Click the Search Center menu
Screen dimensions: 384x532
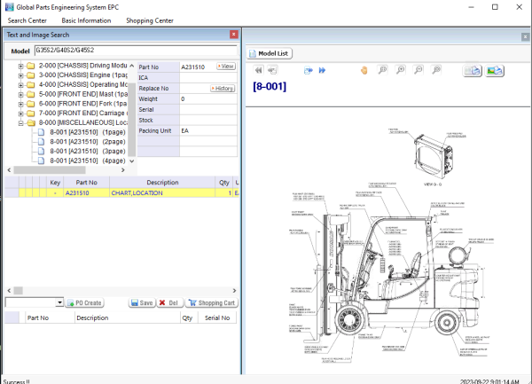(27, 20)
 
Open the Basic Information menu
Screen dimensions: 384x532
(86, 20)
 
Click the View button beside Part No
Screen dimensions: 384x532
(226, 67)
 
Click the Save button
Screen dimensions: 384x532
(141, 302)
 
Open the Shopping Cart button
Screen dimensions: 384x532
(211, 302)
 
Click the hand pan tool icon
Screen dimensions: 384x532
(363, 70)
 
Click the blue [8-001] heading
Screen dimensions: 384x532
(270, 87)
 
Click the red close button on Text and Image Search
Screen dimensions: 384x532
(234, 35)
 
